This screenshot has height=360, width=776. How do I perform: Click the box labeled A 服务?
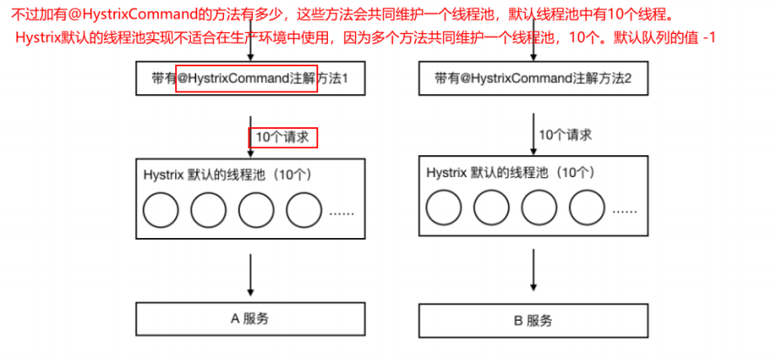pyautogui.click(x=250, y=318)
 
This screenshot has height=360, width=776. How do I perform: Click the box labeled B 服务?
pyautogui.click(x=533, y=321)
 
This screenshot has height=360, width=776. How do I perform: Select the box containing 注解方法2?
pyautogui.click(x=533, y=78)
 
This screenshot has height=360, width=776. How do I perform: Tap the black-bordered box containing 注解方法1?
pyautogui.click(x=250, y=78)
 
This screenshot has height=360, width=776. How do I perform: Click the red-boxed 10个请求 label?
pyautogui.click(x=282, y=138)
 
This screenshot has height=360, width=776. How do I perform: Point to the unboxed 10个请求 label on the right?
pyautogui.click(x=565, y=134)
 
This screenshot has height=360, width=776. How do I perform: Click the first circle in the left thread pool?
pyautogui.click(x=160, y=210)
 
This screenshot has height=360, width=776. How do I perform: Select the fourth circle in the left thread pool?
pyautogui.click(x=304, y=210)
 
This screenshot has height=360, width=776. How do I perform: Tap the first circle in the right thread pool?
pyautogui.click(x=444, y=207)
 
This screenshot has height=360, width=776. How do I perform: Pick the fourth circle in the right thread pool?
pyautogui.click(x=587, y=207)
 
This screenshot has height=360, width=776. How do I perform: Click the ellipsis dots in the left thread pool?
pyautogui.click(x=342, y=214)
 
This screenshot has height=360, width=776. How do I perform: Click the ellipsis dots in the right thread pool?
pyautogui.click(x=624, y=212)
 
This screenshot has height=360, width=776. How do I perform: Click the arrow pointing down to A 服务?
pyautogui.click(x=251, y=275)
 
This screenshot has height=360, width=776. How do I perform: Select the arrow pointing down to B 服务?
pyautogui.click(x=534, y=270)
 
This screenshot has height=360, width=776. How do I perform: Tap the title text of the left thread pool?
pyautogui.click(x=228, y=174)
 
